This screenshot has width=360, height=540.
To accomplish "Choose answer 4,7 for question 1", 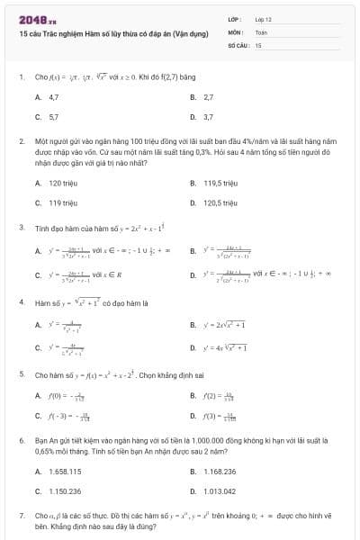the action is coord(54,96).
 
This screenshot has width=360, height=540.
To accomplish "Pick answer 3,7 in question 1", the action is coord(208,116).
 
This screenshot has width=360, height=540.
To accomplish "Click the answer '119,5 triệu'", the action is coord(220,183).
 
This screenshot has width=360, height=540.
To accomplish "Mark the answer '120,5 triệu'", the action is coord(220,202).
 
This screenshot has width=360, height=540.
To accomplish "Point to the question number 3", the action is coord(21,228).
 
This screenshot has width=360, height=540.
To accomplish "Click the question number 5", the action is coord(21,373).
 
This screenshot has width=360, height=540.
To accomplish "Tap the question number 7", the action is coord(21,516).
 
